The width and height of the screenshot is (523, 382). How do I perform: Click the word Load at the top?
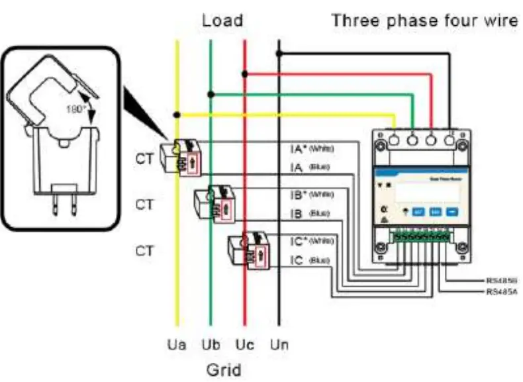222,21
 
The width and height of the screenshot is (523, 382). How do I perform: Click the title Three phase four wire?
424,21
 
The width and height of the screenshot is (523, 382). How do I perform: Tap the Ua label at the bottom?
177,345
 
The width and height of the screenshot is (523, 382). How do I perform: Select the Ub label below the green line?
211,345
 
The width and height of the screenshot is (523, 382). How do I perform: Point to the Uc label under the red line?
244,345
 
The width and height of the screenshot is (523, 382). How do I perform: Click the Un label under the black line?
279,345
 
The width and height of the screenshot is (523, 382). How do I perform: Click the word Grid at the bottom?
222,368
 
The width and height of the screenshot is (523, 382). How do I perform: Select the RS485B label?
501,281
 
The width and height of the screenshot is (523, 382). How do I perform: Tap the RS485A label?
501,291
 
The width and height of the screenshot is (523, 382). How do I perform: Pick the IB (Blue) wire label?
310,214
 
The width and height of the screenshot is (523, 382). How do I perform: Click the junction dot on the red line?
245,73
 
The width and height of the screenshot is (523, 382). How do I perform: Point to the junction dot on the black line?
279,54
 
